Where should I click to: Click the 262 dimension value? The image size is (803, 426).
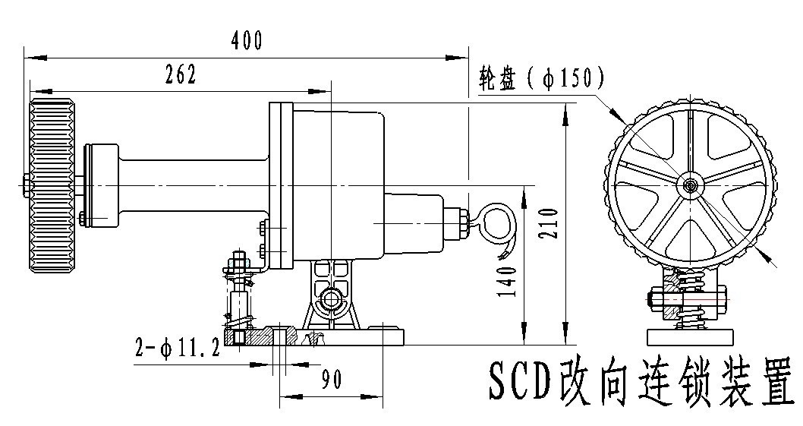180,74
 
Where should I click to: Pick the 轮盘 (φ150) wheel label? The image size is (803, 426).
540,77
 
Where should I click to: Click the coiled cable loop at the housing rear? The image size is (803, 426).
493,220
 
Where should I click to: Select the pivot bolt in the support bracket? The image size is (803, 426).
332,299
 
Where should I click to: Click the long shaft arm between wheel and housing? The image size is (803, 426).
194,185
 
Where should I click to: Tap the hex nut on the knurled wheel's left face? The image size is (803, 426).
27,185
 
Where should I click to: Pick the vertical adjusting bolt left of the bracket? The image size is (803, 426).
238,296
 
